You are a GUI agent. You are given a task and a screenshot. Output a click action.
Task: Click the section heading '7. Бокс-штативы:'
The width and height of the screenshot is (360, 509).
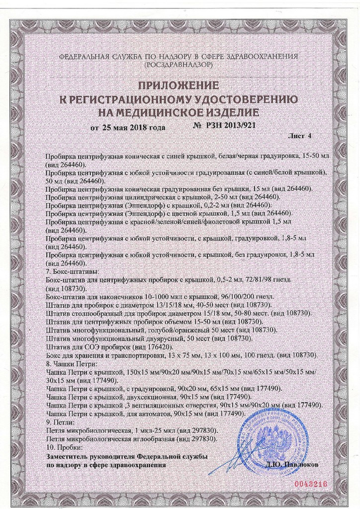tap(72, 272)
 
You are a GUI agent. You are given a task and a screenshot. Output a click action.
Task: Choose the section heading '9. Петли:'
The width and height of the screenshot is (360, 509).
tap(60, 421)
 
